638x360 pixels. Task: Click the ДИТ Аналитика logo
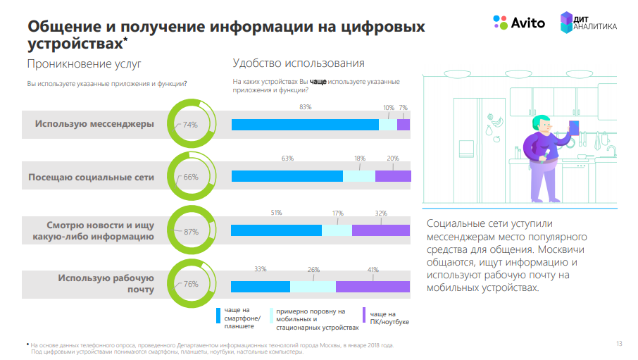pyautogui.click(x=588, y=23)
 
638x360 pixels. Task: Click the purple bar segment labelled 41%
pyautogui.click(x=373, y=287)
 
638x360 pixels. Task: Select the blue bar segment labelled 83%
pyautogui.click(x=305, y=125)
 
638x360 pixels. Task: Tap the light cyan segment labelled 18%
pyautogui.click(x=359, y=176)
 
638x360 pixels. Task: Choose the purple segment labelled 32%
pyautogui.click(x=380, y=230)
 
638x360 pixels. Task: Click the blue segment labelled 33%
pyautogui.click(x=261, y=287)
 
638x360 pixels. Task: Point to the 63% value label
pyautogui.click(x=287, y=159)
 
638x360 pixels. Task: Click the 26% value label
pyautogui.click(x=313, y=269)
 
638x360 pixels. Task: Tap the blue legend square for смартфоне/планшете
pyautogui.click(x=218, y=315)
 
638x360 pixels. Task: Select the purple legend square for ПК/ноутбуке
pyautogui.click(x=363, y=315)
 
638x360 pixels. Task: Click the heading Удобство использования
pyautogui.click(x=298, y=63)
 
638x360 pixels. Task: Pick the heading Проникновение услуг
pyautogui.click(x=84, y=64)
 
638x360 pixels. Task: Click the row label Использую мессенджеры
pyautogui.click(x=94, y=124)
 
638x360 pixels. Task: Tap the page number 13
pyautogui.click(x=619, y=344)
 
